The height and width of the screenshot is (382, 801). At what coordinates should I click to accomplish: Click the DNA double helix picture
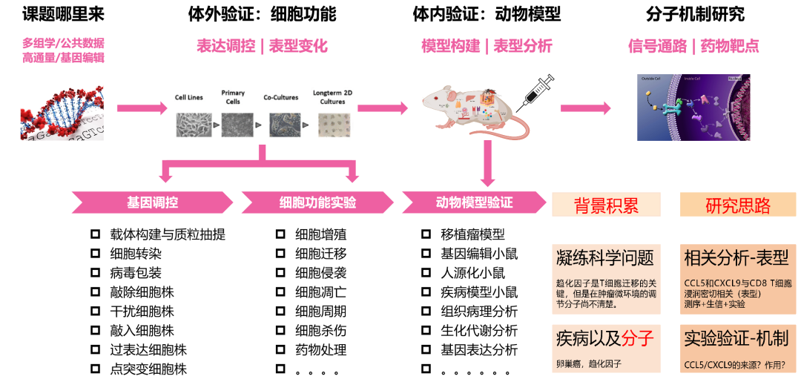point(62,112)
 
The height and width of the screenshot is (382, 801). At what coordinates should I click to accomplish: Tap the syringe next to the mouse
point(539,90)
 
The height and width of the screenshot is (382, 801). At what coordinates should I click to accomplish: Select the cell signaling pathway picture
point(693,108)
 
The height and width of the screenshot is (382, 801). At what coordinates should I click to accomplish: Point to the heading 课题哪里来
point(63,14)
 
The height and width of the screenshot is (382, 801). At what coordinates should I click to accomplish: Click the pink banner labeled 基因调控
point(152,202)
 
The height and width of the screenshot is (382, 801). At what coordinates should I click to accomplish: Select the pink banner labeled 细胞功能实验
point(317,202)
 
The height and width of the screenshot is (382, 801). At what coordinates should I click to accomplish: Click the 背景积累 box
point(606,205)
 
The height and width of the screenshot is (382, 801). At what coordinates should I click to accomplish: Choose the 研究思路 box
point(737,205)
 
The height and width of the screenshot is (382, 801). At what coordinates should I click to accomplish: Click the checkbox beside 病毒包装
point(95,272)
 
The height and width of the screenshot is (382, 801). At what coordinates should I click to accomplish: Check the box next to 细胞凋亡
point(280,292)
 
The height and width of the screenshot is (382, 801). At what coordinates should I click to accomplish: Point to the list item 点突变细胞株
point(148,369)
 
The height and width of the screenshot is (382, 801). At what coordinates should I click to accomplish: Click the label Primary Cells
point(233,97)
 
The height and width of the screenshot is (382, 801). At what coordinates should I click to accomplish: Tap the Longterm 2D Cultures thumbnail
point(332,124)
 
